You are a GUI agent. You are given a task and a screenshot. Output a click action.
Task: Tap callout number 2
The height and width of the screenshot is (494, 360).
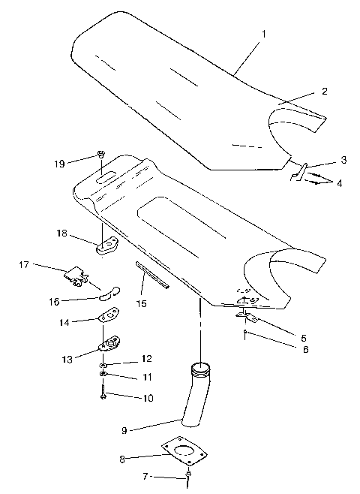tap(324, 92)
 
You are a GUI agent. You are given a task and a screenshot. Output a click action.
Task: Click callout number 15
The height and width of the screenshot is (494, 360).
tap(141, 304)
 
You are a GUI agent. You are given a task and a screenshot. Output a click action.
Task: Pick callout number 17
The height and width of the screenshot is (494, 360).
tap(24, 264)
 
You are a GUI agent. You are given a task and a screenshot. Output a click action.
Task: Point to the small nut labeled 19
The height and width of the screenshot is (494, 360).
tap(100, 155)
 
